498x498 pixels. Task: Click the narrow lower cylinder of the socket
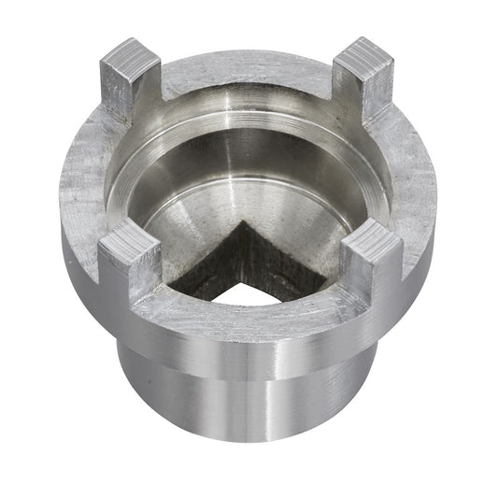pos(248,411)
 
